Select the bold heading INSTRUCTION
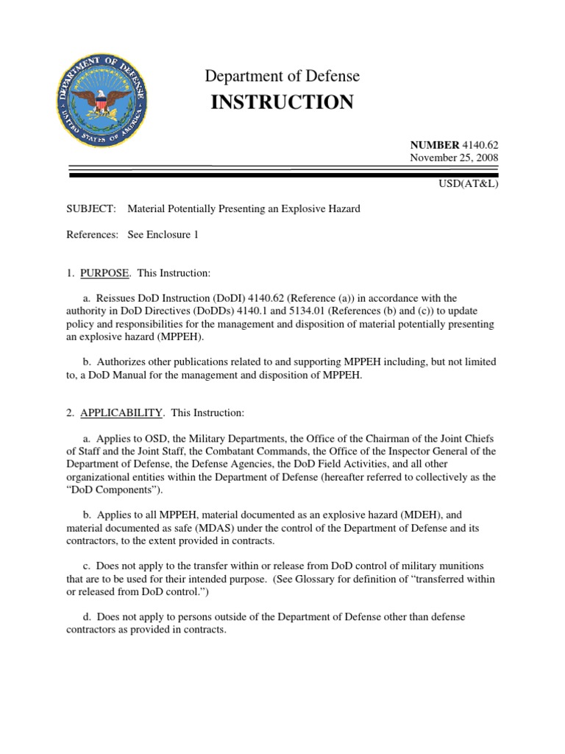[282, 102]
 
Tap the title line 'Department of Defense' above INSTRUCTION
[282, 76]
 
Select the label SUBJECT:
[91, 209]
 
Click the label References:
[92, 235]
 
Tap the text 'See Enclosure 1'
[163, 235]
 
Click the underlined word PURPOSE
[104, 273]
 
